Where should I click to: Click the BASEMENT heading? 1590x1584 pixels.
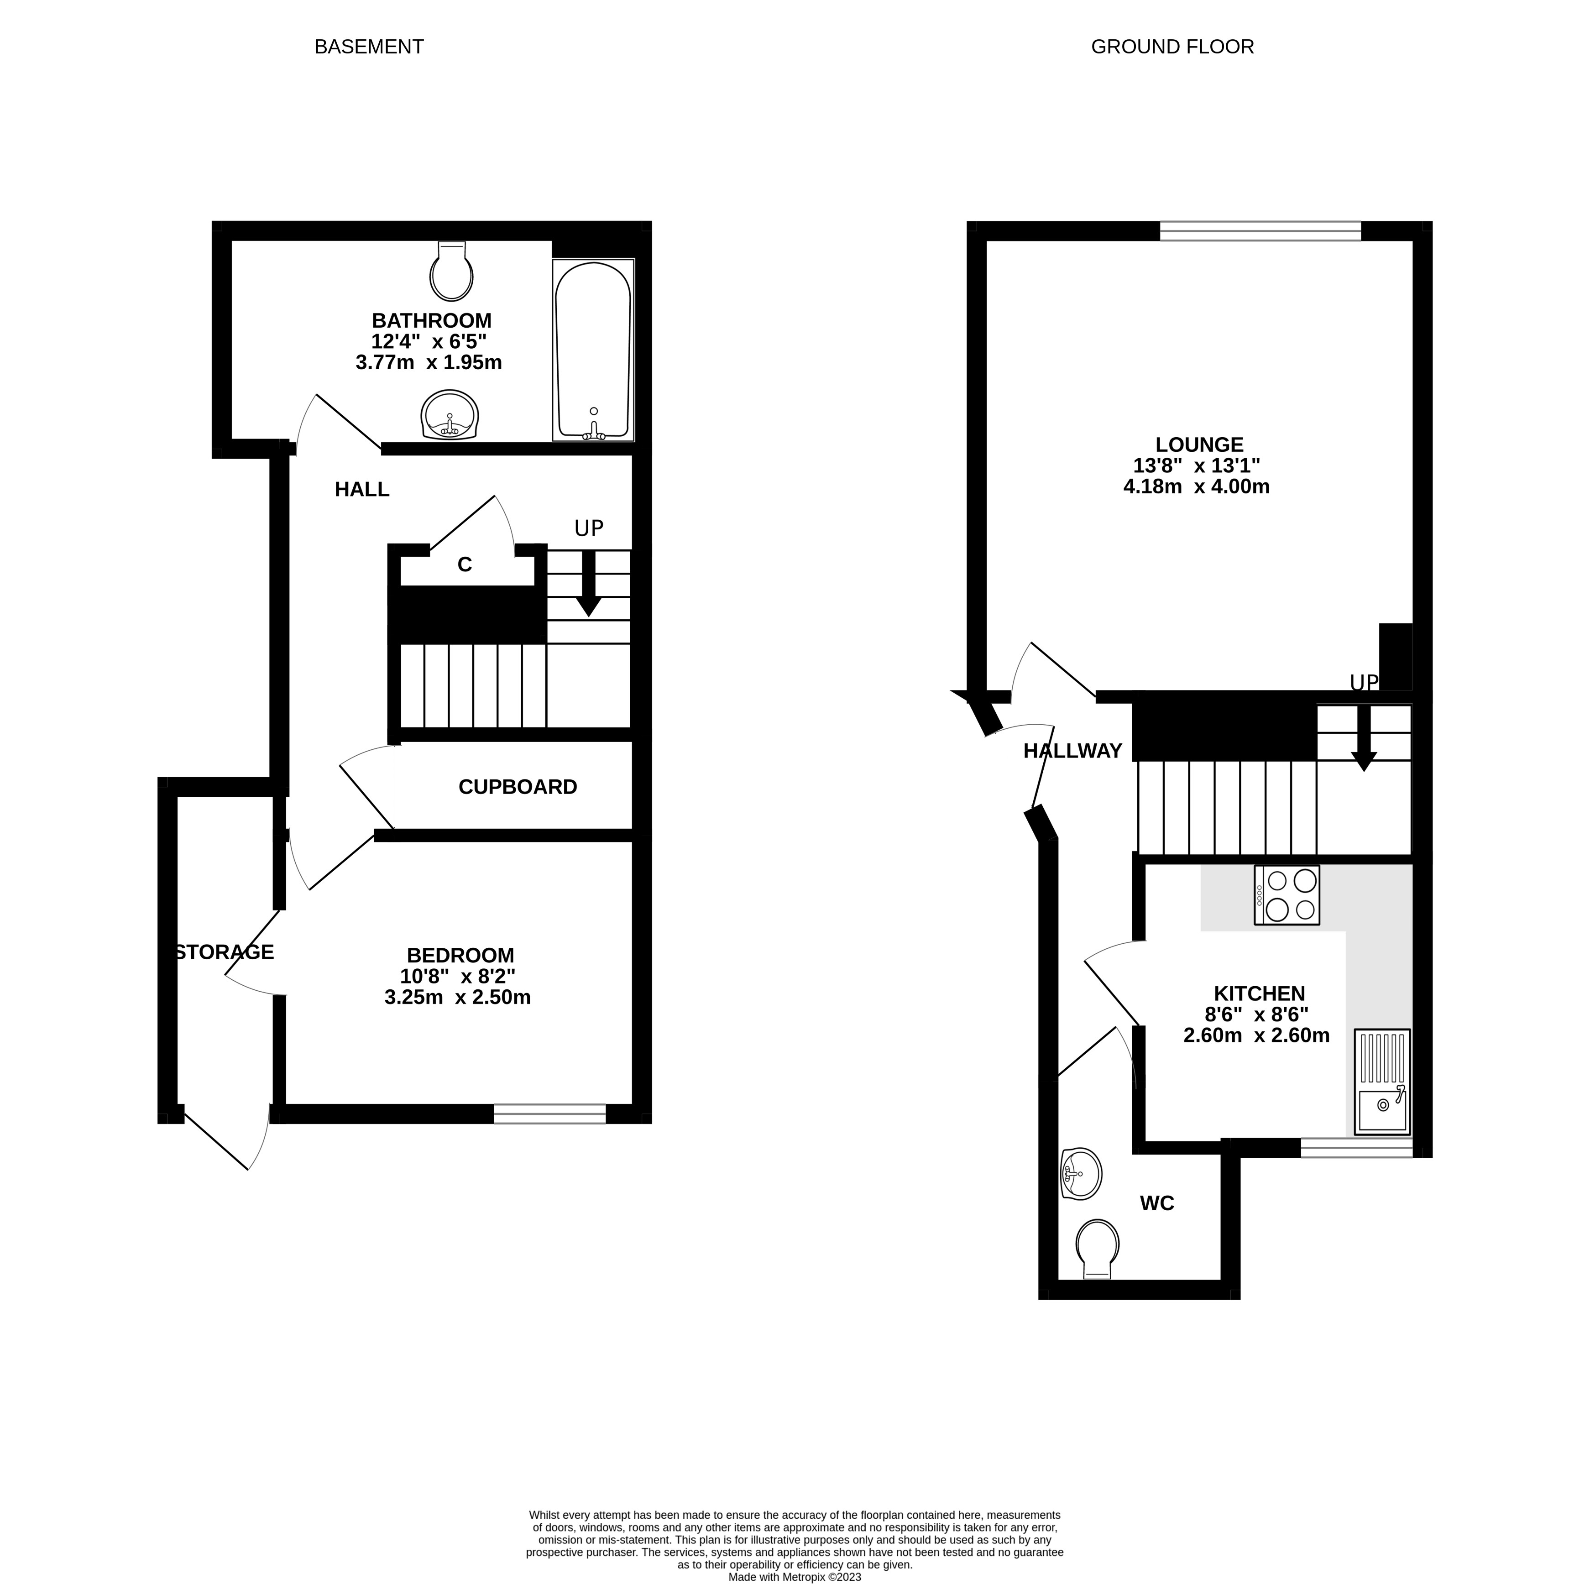tap(369, 47)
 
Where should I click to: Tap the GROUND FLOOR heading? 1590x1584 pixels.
tap(1172, 47)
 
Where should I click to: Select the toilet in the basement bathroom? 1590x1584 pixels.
tap(451, 271)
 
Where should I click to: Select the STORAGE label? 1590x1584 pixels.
tap(224, 952)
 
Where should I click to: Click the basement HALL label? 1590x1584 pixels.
tap(362, 490)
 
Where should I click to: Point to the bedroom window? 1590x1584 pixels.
tap(550, 1114)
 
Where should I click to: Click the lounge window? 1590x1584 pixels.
tap(1260, 231)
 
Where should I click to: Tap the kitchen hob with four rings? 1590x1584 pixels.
tap(1287, 895)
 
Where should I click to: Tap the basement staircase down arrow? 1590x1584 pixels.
tap(588, 583)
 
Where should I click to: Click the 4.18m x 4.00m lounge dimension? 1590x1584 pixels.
tap(1197, 486)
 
